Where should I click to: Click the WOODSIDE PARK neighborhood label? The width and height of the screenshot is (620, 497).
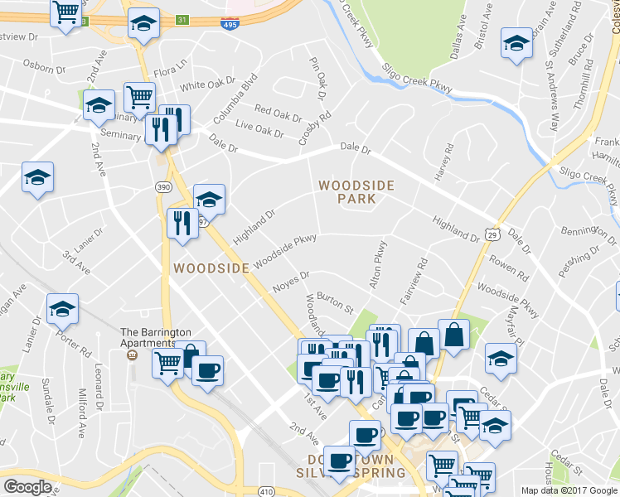click(356, 191)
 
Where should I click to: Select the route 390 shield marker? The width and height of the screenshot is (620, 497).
click(164, 188)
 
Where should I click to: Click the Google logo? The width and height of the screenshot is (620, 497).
click(28, 487)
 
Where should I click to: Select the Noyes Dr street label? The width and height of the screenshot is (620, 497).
click(290, 282)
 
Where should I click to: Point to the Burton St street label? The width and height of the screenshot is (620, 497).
click(335, 302)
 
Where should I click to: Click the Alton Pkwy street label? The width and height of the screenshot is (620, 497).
click(378, 264)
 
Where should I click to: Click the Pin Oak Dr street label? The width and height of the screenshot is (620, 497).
click(317, 75)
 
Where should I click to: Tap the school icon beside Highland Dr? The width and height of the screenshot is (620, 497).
click(209, 199)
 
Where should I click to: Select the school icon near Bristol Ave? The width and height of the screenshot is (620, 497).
click(516, 42)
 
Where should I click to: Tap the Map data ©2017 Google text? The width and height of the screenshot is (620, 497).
click(569, 490)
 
